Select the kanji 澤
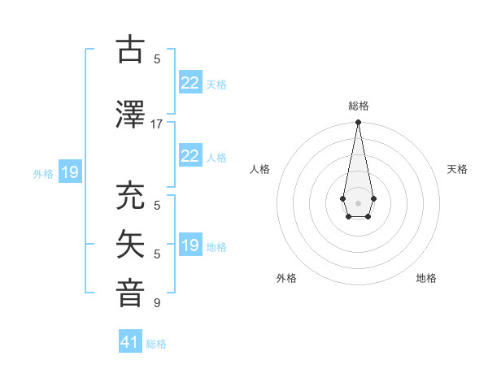tap(131, 115)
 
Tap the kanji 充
tap(131, 197)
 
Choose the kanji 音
tap(131, 294)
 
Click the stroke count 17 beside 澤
tap(156, 124)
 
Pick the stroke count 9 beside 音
tap(157, 303)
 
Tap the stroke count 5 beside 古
tap(157, 59)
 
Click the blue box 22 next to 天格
tap(190, 83)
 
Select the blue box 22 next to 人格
tap(190, 156)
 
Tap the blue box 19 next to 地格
tap(190, 245)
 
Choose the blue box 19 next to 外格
tap(69, 172)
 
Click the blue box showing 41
tap(130, 342)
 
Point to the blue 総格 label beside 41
tap(156, 344)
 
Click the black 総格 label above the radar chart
tap(359, 106)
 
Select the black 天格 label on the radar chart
tap(458, 169)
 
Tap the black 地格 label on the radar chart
tap(426, 278)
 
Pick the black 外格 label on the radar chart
tap(286, 278)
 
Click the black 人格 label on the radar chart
tap(259, 169)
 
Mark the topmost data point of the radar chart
tap(358, 123)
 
